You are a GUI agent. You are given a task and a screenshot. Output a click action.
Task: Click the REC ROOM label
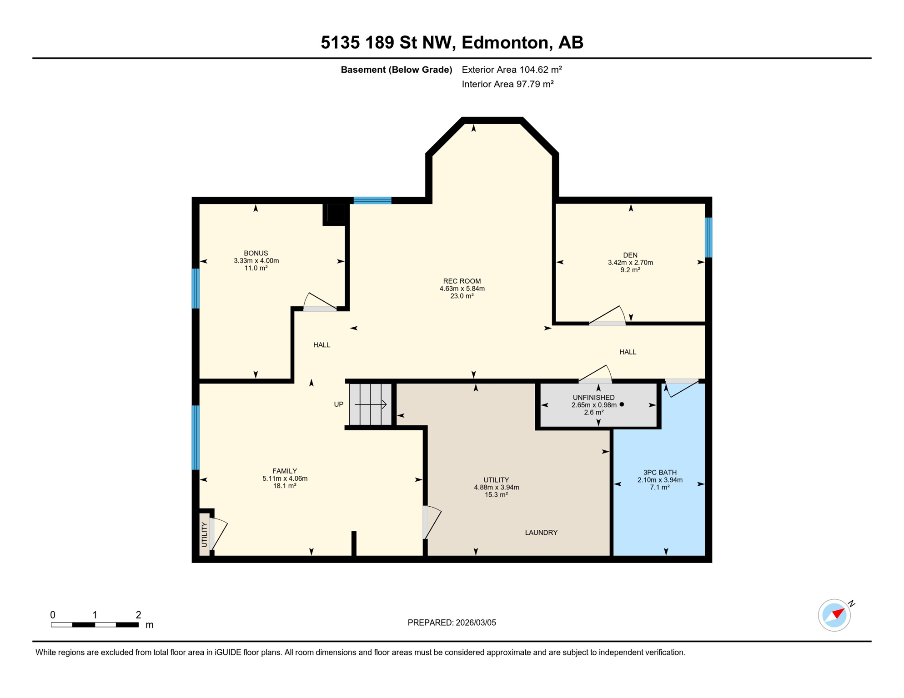[x=462, y=281]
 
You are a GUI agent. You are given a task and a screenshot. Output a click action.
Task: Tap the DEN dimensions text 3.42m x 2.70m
[x=630, y=263]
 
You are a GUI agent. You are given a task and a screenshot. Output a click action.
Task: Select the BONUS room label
[x=256, y=253]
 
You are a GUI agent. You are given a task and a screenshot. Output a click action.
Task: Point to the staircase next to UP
[x=370, y=404]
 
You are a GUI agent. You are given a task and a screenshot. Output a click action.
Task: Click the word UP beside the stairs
[x=338, y=404]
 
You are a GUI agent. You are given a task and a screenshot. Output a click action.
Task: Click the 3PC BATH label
[x=659, y=473]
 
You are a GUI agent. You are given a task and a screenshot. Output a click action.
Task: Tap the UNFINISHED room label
[x=593, y=398]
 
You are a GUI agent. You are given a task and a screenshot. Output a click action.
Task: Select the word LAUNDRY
[x=541, y=533]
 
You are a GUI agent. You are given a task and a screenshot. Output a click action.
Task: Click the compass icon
[x=834, y=615]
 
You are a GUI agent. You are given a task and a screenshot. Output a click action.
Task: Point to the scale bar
[x=95, y=625]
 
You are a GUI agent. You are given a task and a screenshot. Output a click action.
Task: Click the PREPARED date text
[x=452, y=623]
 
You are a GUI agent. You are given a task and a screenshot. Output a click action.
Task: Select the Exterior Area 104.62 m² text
[x=512, y=70]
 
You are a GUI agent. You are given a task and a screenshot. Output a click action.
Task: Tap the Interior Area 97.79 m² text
[x=507, y=84]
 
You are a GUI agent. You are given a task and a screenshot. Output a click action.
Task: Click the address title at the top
[x=452, y=42]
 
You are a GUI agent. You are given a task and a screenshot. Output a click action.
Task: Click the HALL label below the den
[x=628, y=352]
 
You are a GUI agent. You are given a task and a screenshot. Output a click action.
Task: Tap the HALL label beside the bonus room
[x=321, y=345]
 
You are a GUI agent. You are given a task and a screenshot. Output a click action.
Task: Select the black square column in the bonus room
[x=336, y=213]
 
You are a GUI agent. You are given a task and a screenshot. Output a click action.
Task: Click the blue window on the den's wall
[x=708, y=237]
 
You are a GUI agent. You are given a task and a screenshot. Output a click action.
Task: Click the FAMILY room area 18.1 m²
[x=284, y=486]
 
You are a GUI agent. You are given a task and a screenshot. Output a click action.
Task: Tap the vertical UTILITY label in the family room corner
[x=204, y=534]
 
